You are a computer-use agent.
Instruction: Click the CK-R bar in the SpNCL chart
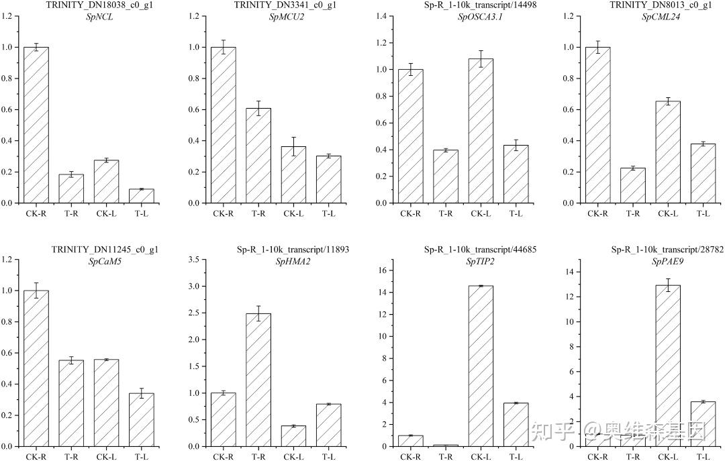coord(36,125)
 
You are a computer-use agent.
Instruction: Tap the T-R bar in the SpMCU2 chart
coord(258,155)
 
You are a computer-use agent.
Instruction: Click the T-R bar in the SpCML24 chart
coord(632,185)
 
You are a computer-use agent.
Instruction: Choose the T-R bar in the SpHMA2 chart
coord(258,380)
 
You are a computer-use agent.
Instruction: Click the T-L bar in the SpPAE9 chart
coord(703,423)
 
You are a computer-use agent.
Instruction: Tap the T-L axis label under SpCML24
coord(703,213)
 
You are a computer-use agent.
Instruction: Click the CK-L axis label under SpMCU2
coord(293,213)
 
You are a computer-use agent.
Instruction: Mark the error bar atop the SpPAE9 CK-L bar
coord(668,285)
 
